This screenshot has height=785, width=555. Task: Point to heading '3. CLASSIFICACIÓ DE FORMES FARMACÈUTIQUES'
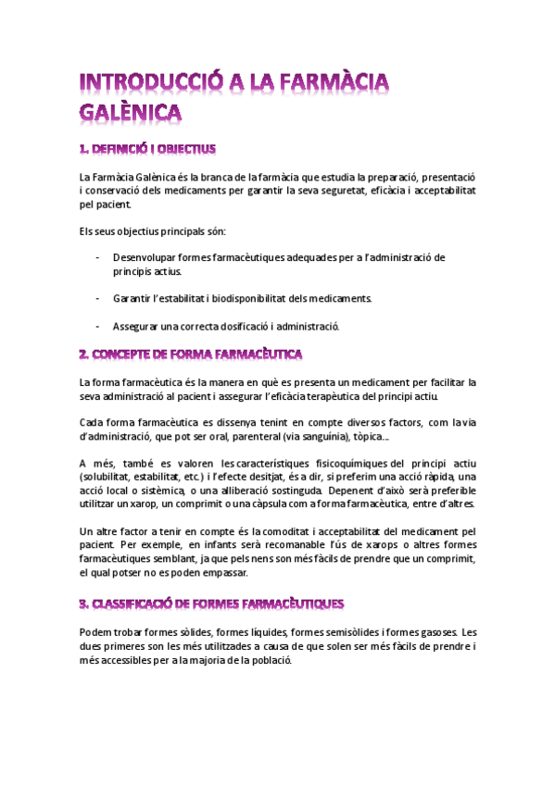211,604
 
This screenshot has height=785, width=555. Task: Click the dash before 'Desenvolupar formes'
97,256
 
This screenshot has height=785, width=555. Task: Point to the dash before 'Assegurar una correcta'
97,326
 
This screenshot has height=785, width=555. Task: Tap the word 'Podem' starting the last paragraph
96,633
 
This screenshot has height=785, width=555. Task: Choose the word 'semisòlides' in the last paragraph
327,633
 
